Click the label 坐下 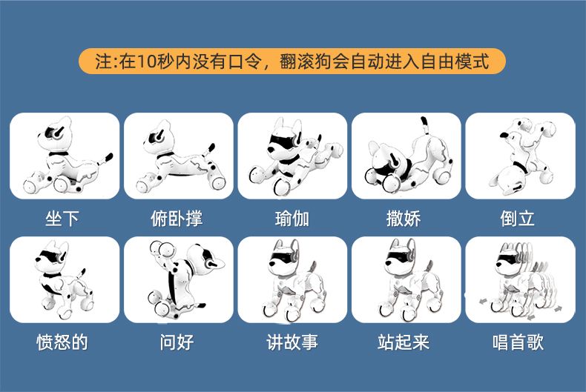click(62, 219)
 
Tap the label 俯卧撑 click(177, 219)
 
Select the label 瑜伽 click(292, 219)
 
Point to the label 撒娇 click(404, 219)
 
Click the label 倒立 click(518, 219)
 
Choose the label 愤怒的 click(62, 342)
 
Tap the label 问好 click(177, 342)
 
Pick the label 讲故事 click(292, 342)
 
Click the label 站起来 click(404, 342)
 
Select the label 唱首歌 click(518, 342)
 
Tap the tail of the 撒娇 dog click(424, 126)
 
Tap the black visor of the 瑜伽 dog click(283, 142)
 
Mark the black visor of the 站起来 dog click(398, 258)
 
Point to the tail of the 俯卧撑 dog click(209, 150)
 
